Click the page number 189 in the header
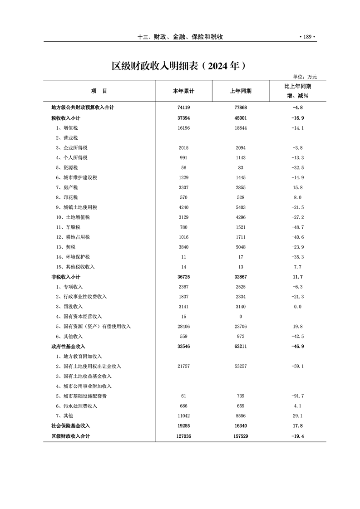(307, 37)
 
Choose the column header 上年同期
(241, 91)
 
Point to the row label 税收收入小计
(66, 118)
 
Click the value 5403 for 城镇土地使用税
(241, 207)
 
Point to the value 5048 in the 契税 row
(241, 247)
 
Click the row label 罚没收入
(70, 306)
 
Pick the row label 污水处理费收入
(76, 406)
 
